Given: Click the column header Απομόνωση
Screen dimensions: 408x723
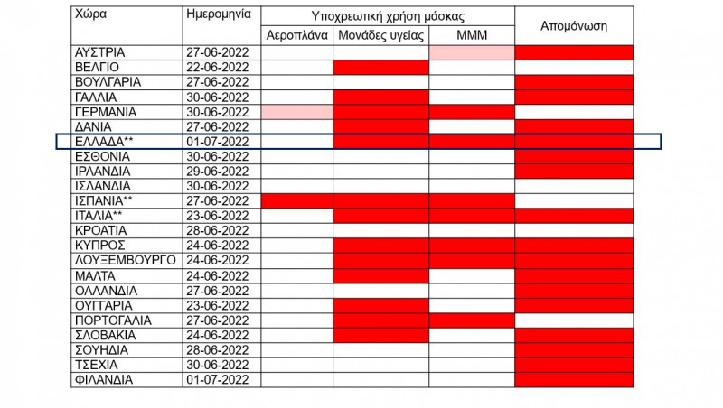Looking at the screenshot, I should [574, 26].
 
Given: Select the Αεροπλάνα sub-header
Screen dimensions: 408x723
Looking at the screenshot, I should [297, 36].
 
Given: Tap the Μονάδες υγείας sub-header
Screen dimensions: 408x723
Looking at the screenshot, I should [380, 36].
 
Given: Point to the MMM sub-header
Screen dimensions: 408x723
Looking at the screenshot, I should [471, 36].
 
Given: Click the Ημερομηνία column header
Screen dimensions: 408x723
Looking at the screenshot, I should [217, 16].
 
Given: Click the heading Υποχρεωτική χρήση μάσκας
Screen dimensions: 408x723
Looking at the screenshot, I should [389, 16].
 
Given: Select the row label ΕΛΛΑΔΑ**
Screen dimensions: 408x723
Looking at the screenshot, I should [105, 142].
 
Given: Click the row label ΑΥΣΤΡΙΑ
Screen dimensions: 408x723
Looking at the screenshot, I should [99, 52].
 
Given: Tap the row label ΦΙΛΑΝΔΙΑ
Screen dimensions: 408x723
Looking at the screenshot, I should [104, 379].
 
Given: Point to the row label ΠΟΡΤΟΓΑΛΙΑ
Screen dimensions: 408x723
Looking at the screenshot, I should [117, 320].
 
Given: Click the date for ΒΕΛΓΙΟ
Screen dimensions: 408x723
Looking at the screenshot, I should [217, 68].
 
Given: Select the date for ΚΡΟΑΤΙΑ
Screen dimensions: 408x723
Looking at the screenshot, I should [217, 230].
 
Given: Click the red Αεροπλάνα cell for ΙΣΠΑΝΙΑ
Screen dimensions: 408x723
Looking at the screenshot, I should [297, 200].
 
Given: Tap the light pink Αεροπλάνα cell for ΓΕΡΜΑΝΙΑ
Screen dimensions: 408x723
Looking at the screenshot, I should [297, 112].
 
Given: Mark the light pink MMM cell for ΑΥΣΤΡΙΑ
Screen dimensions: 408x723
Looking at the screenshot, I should [471, 52].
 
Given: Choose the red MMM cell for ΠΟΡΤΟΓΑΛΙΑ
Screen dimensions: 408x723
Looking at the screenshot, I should [471, 320].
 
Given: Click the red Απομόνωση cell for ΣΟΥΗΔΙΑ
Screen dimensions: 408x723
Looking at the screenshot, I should [574, 349].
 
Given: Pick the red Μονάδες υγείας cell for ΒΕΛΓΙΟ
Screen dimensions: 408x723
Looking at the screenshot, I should [380, 68].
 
